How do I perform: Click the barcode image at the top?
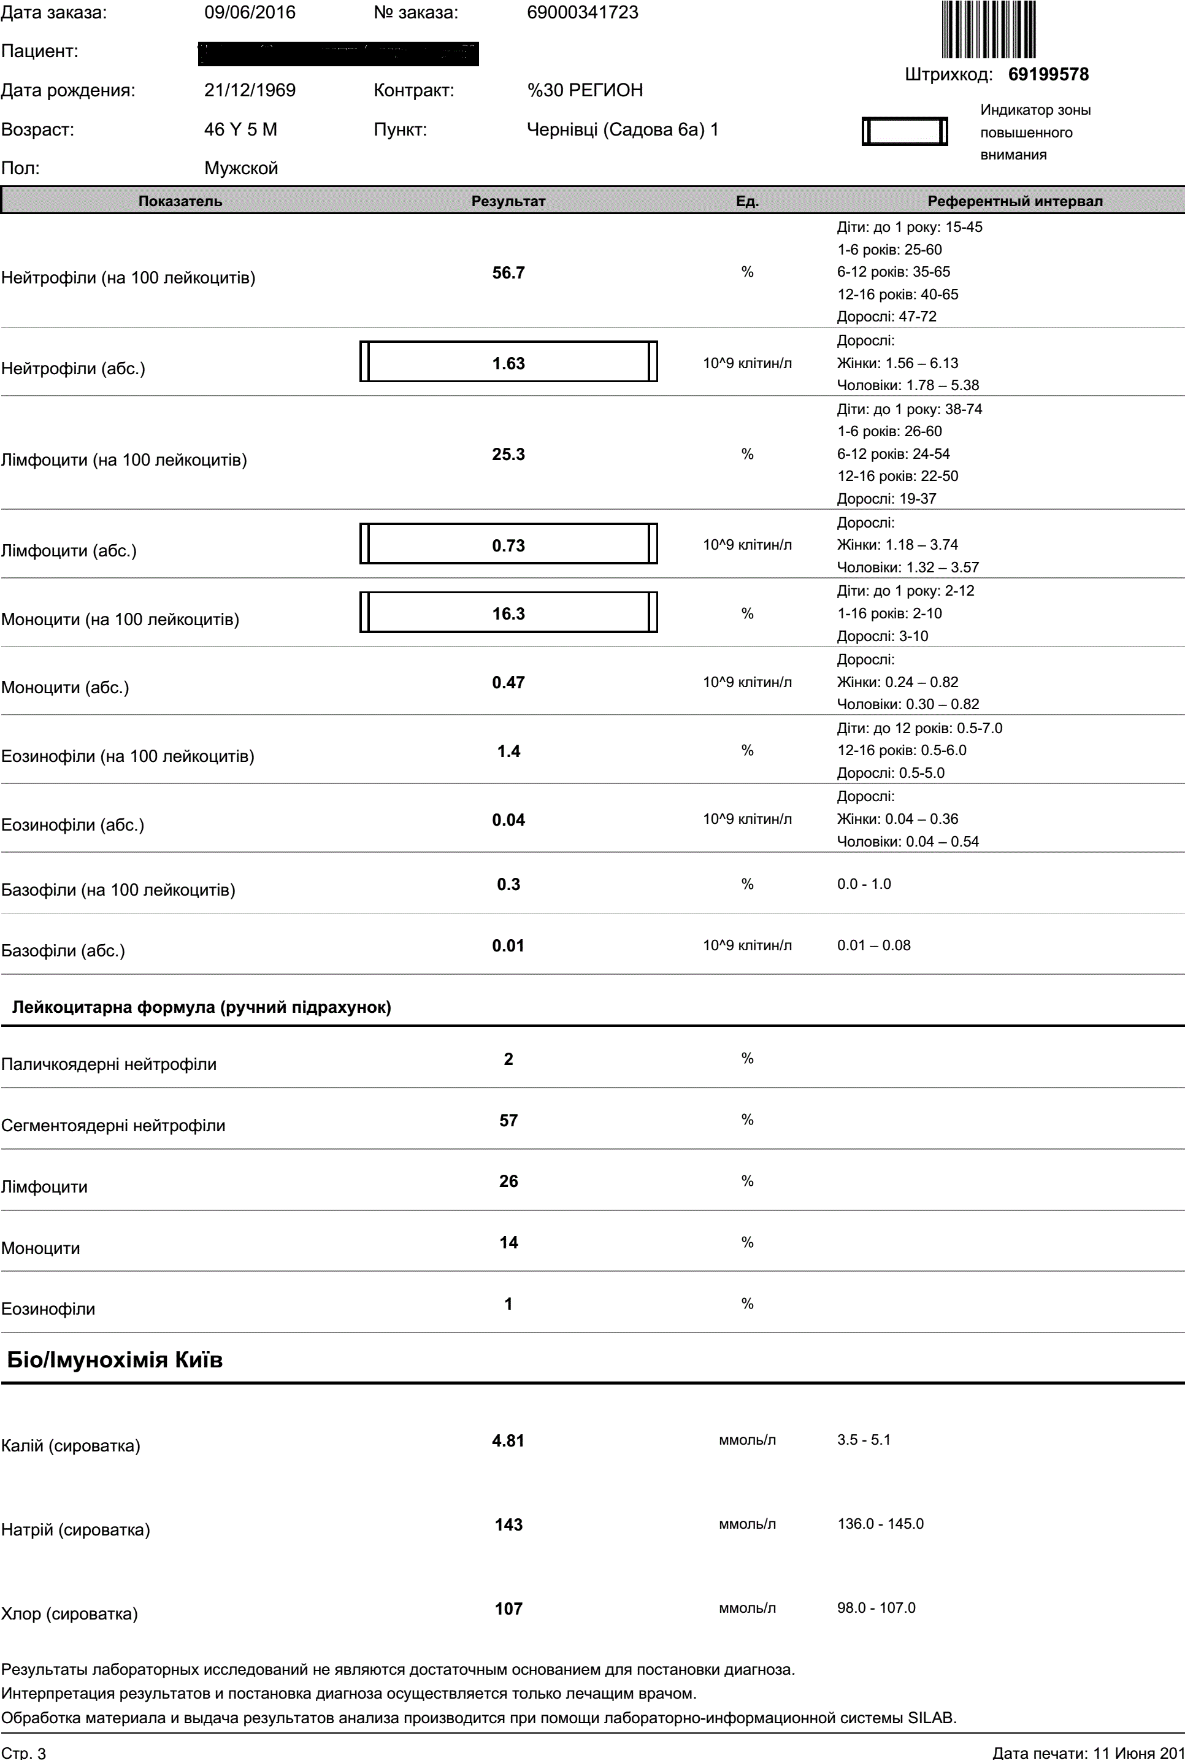989,29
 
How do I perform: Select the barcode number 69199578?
1048,74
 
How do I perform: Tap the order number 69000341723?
583,13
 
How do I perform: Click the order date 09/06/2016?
250,13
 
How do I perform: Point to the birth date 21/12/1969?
250,91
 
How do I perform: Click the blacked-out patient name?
339,53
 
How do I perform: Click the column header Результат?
508,201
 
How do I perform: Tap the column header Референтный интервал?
1015,201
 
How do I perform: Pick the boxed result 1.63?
508,364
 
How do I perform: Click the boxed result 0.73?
508,545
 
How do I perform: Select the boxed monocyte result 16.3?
508,613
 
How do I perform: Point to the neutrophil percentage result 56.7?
508,273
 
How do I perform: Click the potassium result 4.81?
508,1440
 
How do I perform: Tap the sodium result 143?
508,1524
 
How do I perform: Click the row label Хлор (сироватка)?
69,1614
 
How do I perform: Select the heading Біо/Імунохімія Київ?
115,1360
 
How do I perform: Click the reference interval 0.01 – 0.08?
873,945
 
